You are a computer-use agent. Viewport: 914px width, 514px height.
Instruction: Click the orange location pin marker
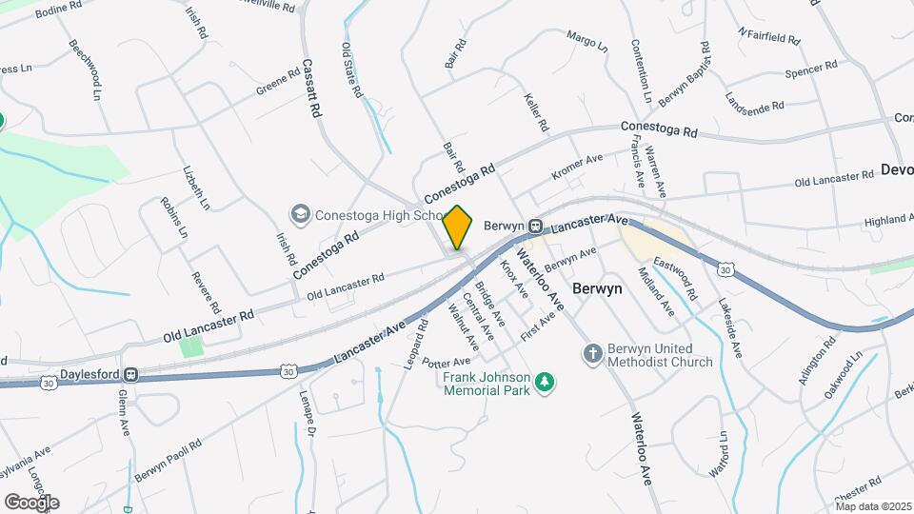coord(458,227)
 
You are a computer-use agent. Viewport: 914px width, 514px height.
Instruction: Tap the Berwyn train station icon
coord(537,227)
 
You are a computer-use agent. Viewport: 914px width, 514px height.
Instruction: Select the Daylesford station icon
coord(131,375)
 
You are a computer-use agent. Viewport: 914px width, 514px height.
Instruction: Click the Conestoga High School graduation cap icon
coord(301,213)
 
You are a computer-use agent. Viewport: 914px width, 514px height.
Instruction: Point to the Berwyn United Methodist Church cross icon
coord(591,353)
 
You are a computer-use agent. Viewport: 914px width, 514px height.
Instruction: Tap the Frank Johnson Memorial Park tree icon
coord(545,383)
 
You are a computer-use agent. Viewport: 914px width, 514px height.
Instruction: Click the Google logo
coord(31,503)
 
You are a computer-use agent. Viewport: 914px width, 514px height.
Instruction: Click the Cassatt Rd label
coord(309,89)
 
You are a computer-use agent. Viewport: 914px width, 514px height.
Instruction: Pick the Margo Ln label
coord(586,42)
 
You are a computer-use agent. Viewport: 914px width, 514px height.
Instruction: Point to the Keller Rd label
coord(536,112)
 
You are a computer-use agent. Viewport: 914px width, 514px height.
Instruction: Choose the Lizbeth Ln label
coord(195,188)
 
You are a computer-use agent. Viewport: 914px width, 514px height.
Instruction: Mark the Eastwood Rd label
coord(676,279)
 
